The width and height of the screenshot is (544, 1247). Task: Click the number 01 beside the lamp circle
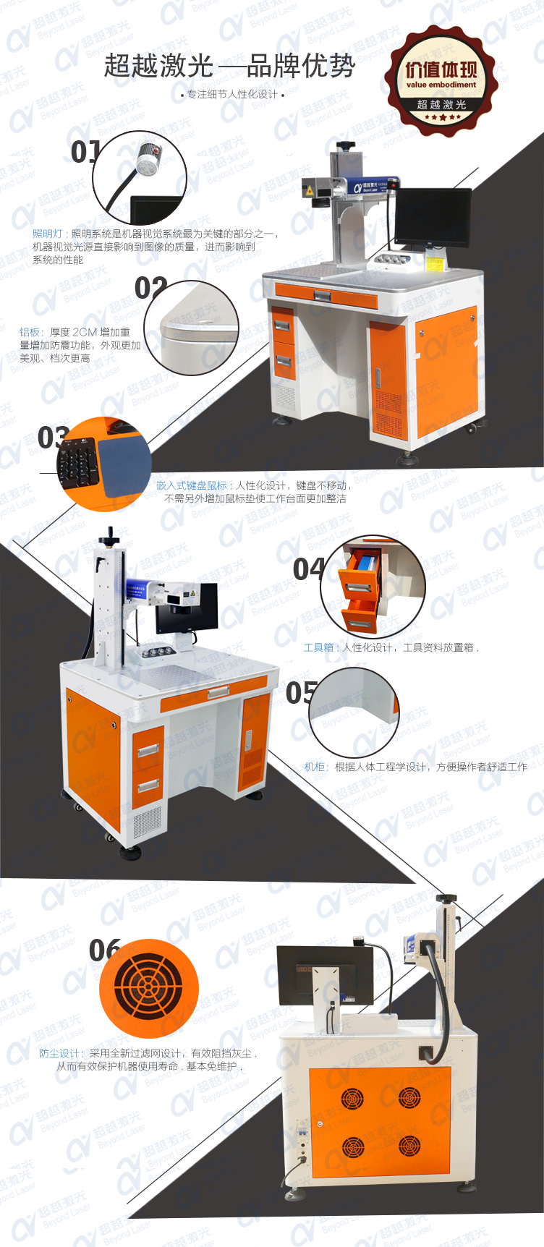[x=85, y=152]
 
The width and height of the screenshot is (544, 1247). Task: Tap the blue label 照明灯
[x=48, y=234]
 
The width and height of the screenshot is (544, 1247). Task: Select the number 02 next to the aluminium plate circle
[x=150, y=288]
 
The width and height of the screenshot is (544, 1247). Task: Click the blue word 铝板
[x=30, y=332]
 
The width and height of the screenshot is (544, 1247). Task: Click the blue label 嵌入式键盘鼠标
[x=191, y=485]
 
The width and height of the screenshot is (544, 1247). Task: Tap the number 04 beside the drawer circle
[x=308, y=569]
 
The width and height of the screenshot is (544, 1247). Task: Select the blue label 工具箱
[x=318, y=647]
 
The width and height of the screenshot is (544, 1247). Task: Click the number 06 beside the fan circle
[x=104, y=950]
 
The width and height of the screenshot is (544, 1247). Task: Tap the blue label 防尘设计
[x=59, y=1053]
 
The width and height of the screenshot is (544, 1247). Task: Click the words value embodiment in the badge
[x=441, y=85]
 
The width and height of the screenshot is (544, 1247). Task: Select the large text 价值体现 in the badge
[x=441, y=69]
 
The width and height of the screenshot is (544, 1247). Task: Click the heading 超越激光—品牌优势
[x=230, y=67]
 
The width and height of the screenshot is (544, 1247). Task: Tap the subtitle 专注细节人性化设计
[x=232, y=94]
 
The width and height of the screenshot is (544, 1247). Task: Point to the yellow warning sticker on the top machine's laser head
[x=310, y=191]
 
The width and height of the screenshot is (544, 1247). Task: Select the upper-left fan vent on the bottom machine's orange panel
[x=352, y=1099]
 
